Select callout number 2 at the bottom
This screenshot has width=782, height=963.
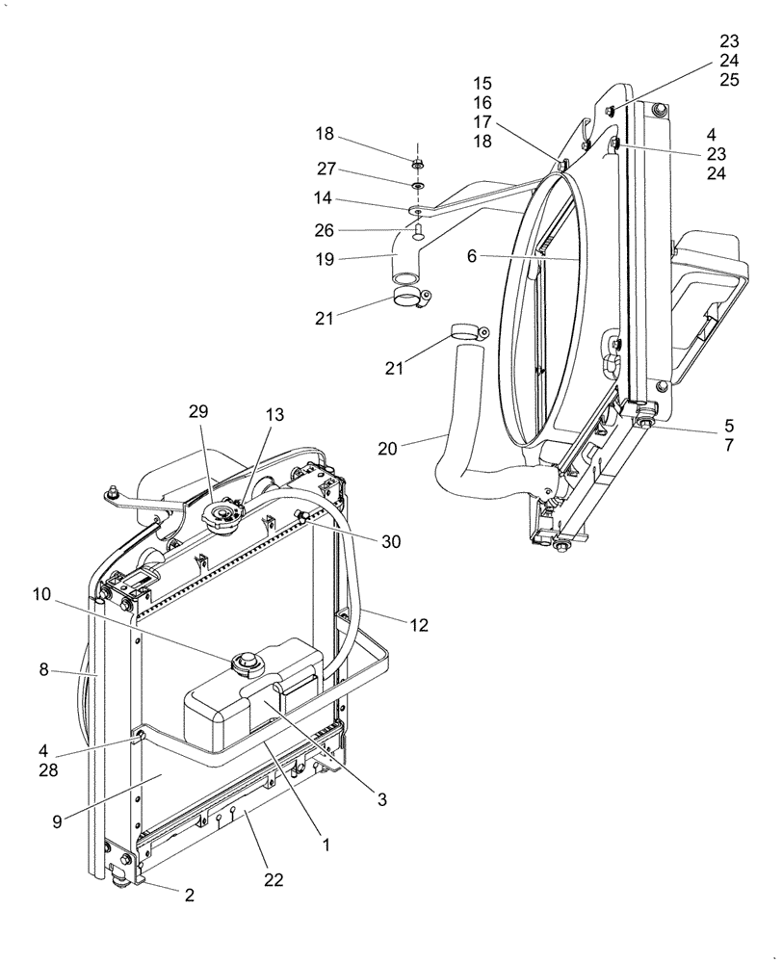[190, 895]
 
